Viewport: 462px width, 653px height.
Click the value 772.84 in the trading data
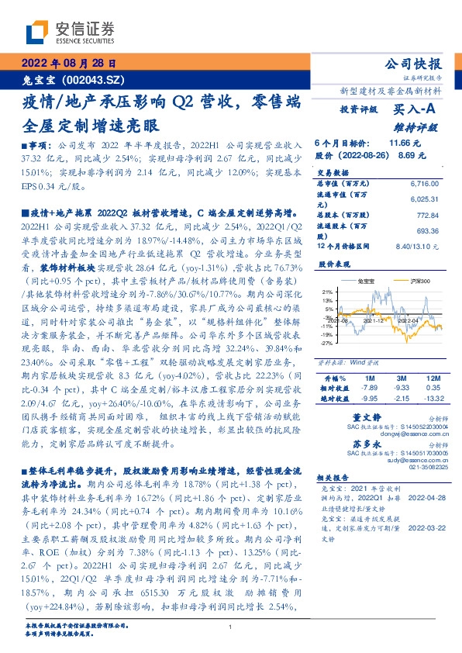(429, 213)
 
